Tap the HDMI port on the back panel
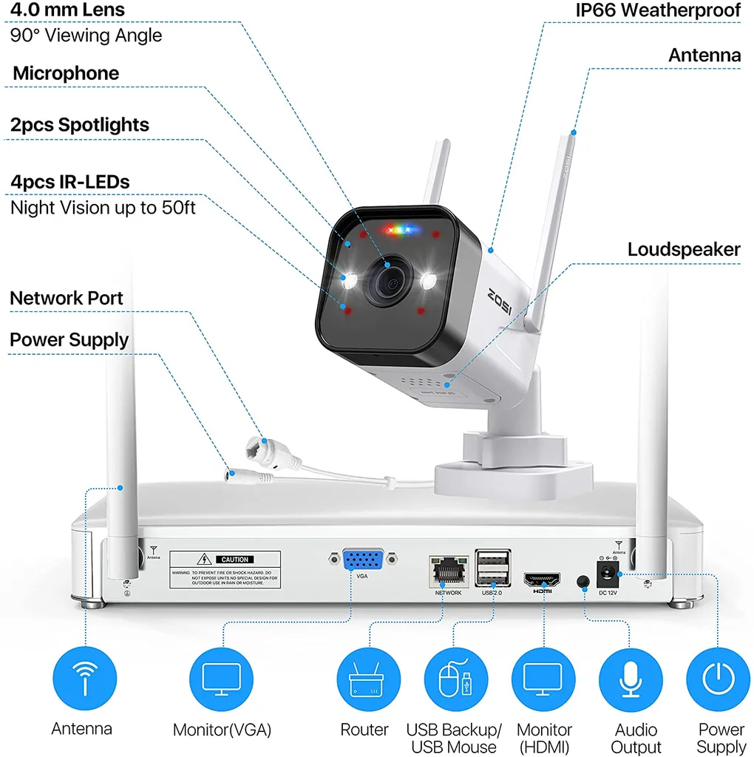pyautogui.click(x=542, y=580)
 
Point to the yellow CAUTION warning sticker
pyautogui.click(x=226, y=569)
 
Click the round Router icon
pyautogui.click(x=368, y=678)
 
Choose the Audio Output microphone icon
pyautogui.click(x=631, y=678)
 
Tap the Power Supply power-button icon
pyautogui.click(x=718, y=678)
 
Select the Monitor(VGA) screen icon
pyautogui.click(x=222, y=678)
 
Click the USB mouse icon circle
pyautogui.click(x=455, y=678)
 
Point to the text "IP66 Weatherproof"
pyautogui.click(x=658, y=10)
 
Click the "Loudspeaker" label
pyautogui.click(x=684, y=250)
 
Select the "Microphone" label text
pyautogui.click(x=66, y=73)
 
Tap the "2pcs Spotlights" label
pyautogui.click(x=80, y=125)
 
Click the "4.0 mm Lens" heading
pyautogui.click(x=67, y=10)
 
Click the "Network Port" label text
pyautogui.click(x=67, y=299)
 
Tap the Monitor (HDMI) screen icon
pyautogui.click(x=543, y=678)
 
